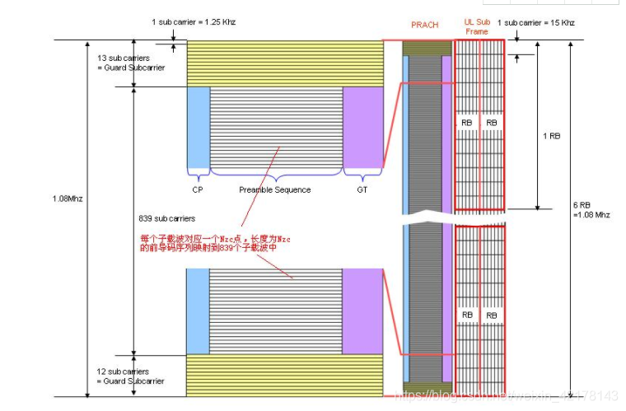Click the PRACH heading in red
425,26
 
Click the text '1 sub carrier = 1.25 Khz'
194,21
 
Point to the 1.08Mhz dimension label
67,198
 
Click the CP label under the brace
198,190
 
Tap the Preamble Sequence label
275,190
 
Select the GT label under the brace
362,190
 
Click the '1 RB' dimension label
551,136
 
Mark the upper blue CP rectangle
199,128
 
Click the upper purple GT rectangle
362,128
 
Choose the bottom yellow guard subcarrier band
284,376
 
